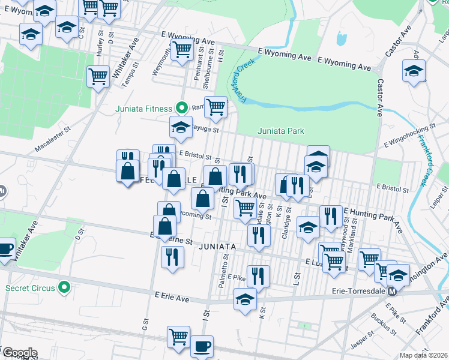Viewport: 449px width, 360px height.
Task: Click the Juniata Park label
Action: point(281,131)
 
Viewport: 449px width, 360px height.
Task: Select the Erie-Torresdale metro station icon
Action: point(392,292)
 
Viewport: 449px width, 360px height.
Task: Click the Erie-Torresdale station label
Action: point(358,292)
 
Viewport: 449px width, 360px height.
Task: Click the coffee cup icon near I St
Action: point(202,346)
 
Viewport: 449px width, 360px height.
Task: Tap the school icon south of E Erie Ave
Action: point(244,299)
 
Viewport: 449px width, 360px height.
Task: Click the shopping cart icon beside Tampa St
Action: point(98,76)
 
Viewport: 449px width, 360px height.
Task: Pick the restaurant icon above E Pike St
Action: point(258,276)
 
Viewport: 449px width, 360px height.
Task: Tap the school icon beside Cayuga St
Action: point(180,127)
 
